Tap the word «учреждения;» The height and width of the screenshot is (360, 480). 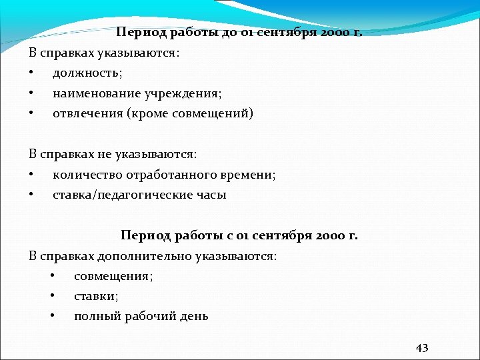coord(179,93)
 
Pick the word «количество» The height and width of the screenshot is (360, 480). coord(85,175)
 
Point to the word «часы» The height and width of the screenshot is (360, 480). coord(211,195)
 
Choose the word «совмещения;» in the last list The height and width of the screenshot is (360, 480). coord(113,276)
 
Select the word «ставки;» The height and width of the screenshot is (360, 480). coord(96,296)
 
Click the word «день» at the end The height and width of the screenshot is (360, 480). coord(194,317)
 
